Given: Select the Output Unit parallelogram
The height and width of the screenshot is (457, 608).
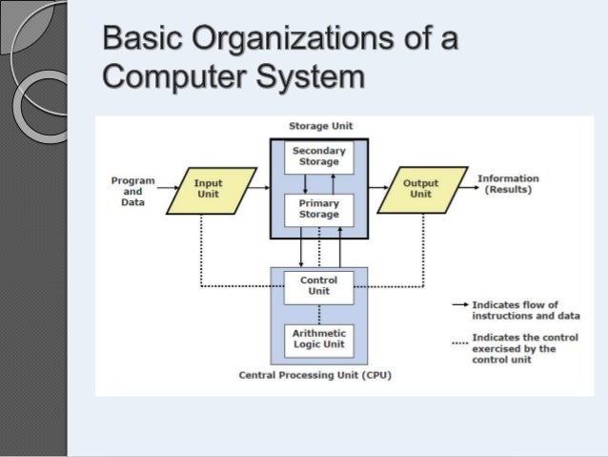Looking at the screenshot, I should coord(421,190).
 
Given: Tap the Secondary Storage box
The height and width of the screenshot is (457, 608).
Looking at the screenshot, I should coord(318,156).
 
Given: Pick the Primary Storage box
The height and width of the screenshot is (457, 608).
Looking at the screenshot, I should coord(318,209).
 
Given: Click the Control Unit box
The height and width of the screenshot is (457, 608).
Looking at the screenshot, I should coord(318,286).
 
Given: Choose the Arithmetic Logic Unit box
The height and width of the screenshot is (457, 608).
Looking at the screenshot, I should coord(318,339).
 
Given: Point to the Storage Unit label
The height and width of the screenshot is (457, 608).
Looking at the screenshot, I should coord(320,127).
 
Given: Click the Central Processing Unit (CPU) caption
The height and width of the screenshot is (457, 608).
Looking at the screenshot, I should coord(314,375).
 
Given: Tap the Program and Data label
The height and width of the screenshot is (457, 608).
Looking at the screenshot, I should coord(132,191).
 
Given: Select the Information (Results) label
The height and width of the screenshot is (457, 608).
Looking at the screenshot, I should coord(508,184).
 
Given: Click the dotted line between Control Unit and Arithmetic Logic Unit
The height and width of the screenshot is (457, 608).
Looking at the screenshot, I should coord(318,313).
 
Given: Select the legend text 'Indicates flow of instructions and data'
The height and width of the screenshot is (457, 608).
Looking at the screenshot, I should coord(526,310).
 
